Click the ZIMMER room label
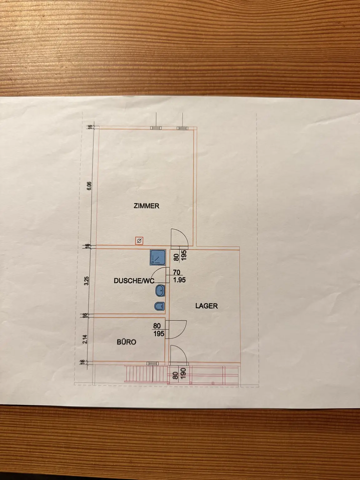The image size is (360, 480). coord(147,206)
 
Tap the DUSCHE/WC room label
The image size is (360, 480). coord(134,281)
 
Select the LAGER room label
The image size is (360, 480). coord(206,306)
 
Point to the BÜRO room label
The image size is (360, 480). coord(126,342)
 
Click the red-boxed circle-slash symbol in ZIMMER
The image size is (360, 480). coord(139,241)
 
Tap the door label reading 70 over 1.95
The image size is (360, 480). coord(177,276)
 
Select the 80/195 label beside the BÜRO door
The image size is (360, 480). coord(159,330)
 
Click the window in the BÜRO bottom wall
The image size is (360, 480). coord(152,363)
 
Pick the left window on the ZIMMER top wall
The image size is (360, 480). coord(155,128)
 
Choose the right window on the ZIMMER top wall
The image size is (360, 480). coord(181,128)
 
